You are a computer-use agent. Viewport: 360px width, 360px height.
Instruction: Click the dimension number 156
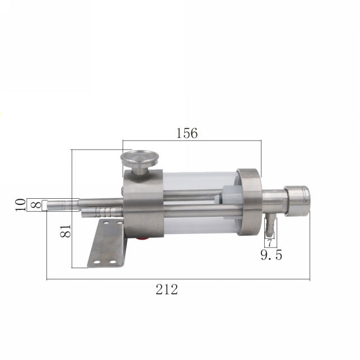(x=187, y=133)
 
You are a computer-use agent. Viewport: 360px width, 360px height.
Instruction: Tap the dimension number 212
(x=167, y=289)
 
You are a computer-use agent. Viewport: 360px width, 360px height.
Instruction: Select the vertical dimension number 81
(x=66, y=231)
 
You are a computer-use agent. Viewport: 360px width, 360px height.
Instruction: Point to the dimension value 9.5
(x=272, y=255)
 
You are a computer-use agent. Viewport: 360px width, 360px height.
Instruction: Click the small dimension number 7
(x=270, y=243)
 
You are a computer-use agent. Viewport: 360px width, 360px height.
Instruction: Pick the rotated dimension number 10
(x=20, y=205)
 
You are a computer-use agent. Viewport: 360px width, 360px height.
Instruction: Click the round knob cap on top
(x=140, y=158)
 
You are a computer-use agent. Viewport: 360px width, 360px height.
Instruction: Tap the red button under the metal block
(x=142, y=239)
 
